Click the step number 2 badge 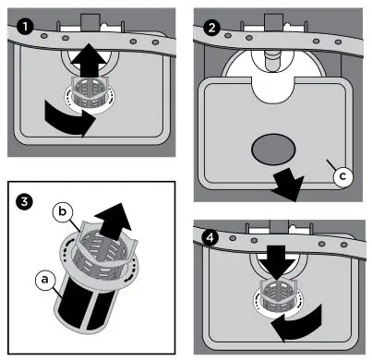point(211,28)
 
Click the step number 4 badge point(211,236)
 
